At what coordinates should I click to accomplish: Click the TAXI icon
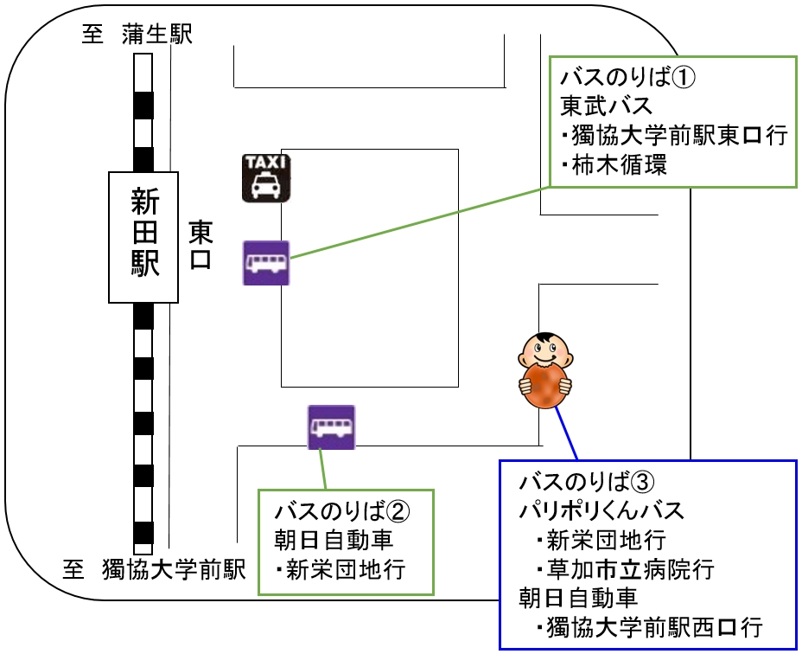point(266,178)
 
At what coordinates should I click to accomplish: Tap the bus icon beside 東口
point(266,263)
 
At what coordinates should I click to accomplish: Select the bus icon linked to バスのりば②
point(332,427)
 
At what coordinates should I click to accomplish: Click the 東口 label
point(200,245)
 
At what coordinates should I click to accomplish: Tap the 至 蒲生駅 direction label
point(137,35)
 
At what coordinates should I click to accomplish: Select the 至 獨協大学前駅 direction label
point(156,570)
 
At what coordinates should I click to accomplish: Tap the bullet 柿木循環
point(616,164)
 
